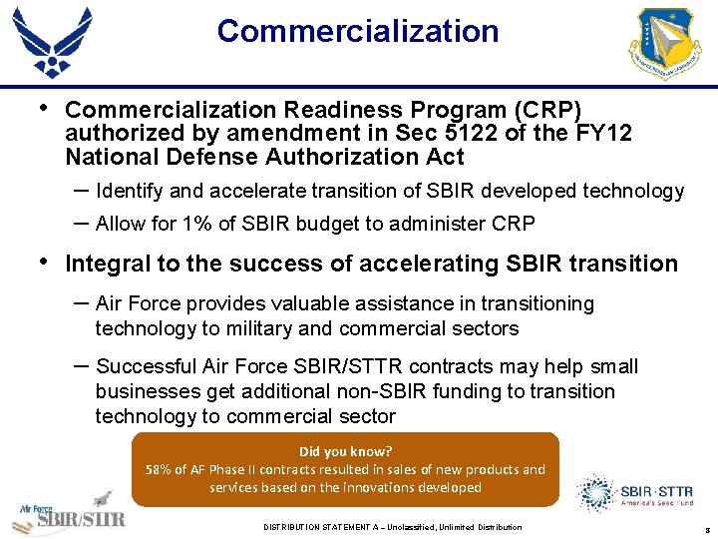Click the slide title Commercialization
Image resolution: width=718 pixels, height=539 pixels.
coord(358,31)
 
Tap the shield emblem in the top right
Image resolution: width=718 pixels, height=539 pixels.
coord(666,45)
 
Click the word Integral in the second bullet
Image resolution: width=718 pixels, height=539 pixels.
coord(108,264)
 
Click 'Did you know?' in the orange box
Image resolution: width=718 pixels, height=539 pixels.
coord(345,451)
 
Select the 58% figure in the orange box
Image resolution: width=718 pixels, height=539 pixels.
coord(160,469)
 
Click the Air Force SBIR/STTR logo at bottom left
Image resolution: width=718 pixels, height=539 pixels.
coord(70,511)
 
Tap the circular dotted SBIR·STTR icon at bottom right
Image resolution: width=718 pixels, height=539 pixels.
coord(596,493)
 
